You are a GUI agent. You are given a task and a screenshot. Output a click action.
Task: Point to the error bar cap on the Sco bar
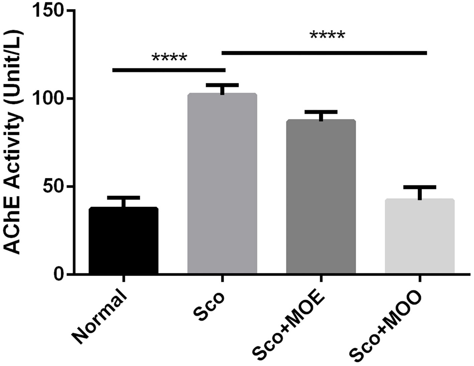[x=222, y=85]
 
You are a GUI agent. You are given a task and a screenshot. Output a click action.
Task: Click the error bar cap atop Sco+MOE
[x=321, y=112]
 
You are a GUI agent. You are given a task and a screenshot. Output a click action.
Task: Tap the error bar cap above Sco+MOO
[x=419, y=187]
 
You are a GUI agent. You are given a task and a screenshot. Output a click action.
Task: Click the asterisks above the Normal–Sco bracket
[x=169, y=58]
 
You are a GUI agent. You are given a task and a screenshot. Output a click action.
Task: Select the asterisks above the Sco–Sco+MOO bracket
[x=327, y=35]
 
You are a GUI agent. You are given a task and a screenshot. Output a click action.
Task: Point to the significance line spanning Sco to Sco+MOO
[x=324, y=53]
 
